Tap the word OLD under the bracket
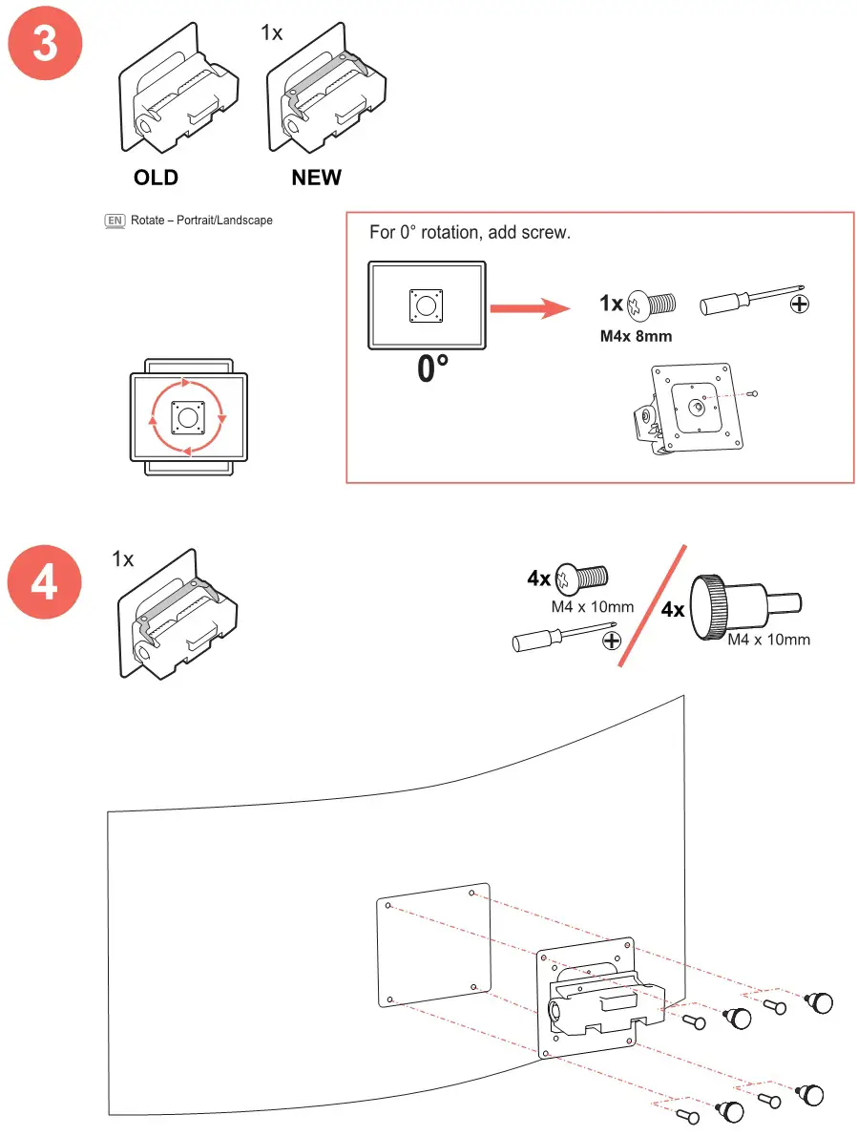156,178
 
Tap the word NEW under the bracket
316,178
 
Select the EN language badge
115,221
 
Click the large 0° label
431,368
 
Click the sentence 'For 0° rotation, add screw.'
470,233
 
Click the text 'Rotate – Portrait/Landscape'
201,221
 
